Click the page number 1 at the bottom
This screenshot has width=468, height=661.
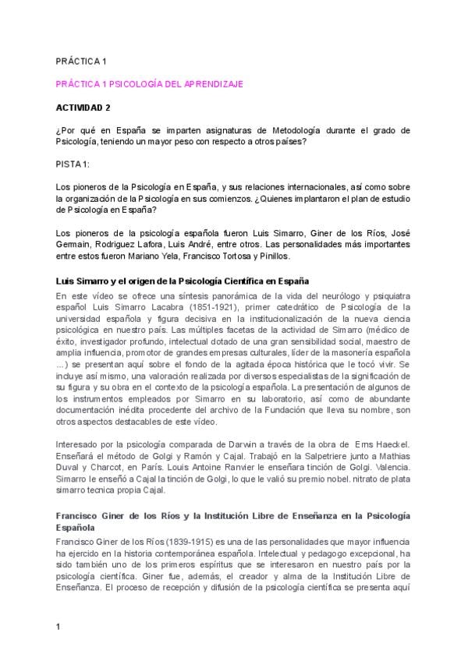click(58, 625)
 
